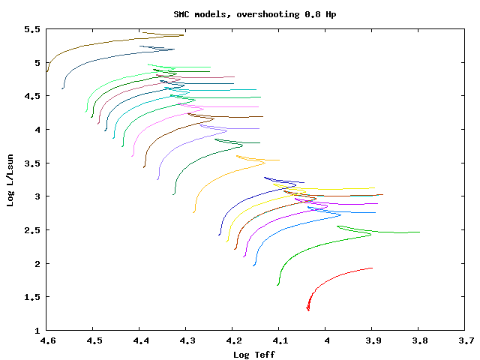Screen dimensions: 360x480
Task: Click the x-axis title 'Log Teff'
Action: [x=254, y=354]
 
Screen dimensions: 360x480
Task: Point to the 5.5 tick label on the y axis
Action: [x=31, y=29]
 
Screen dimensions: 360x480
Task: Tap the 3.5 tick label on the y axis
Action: [x=31, y=163]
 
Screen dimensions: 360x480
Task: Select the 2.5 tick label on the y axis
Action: [x=31, y=230]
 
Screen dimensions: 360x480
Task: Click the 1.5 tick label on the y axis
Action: [x=31, y=297]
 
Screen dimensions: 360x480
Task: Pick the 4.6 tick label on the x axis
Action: [x=46, y=340]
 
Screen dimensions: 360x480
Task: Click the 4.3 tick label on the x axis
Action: [x=186, y=340]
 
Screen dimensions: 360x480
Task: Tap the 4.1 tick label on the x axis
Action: [x=279, y=340]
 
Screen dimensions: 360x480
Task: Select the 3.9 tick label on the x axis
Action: [x=372, y=340]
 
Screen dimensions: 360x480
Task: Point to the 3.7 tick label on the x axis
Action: [x=465, y=340]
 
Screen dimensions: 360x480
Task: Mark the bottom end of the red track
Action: [x=308, y=309]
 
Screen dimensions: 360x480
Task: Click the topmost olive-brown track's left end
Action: [x=47, y=71]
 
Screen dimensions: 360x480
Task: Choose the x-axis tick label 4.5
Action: [x=93, y=340]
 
